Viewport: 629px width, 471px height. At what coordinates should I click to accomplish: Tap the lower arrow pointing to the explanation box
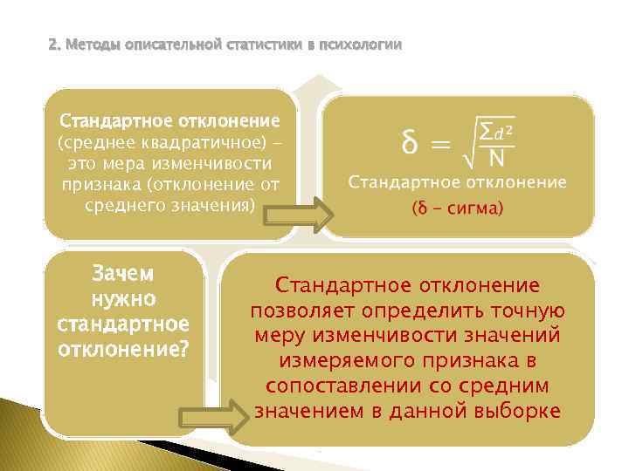213,415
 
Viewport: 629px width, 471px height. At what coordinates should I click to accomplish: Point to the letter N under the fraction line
497,159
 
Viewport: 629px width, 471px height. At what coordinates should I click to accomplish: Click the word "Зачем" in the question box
122,274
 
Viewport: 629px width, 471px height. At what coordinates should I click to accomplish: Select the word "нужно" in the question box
123,299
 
